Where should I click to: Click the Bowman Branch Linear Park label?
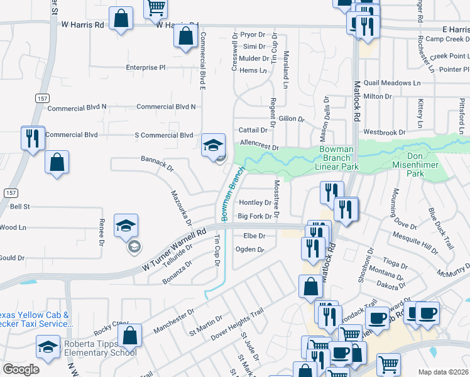click(339, 158)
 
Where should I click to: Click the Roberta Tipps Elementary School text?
click(101, 348)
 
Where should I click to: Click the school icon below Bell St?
click(126, 226)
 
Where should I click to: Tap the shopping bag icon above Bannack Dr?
click(57, 162)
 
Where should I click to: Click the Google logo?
click(21, 369)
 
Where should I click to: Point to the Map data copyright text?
click(442, 371)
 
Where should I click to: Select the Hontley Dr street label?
click(255, 203)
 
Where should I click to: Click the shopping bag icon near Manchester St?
click(129, 336)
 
